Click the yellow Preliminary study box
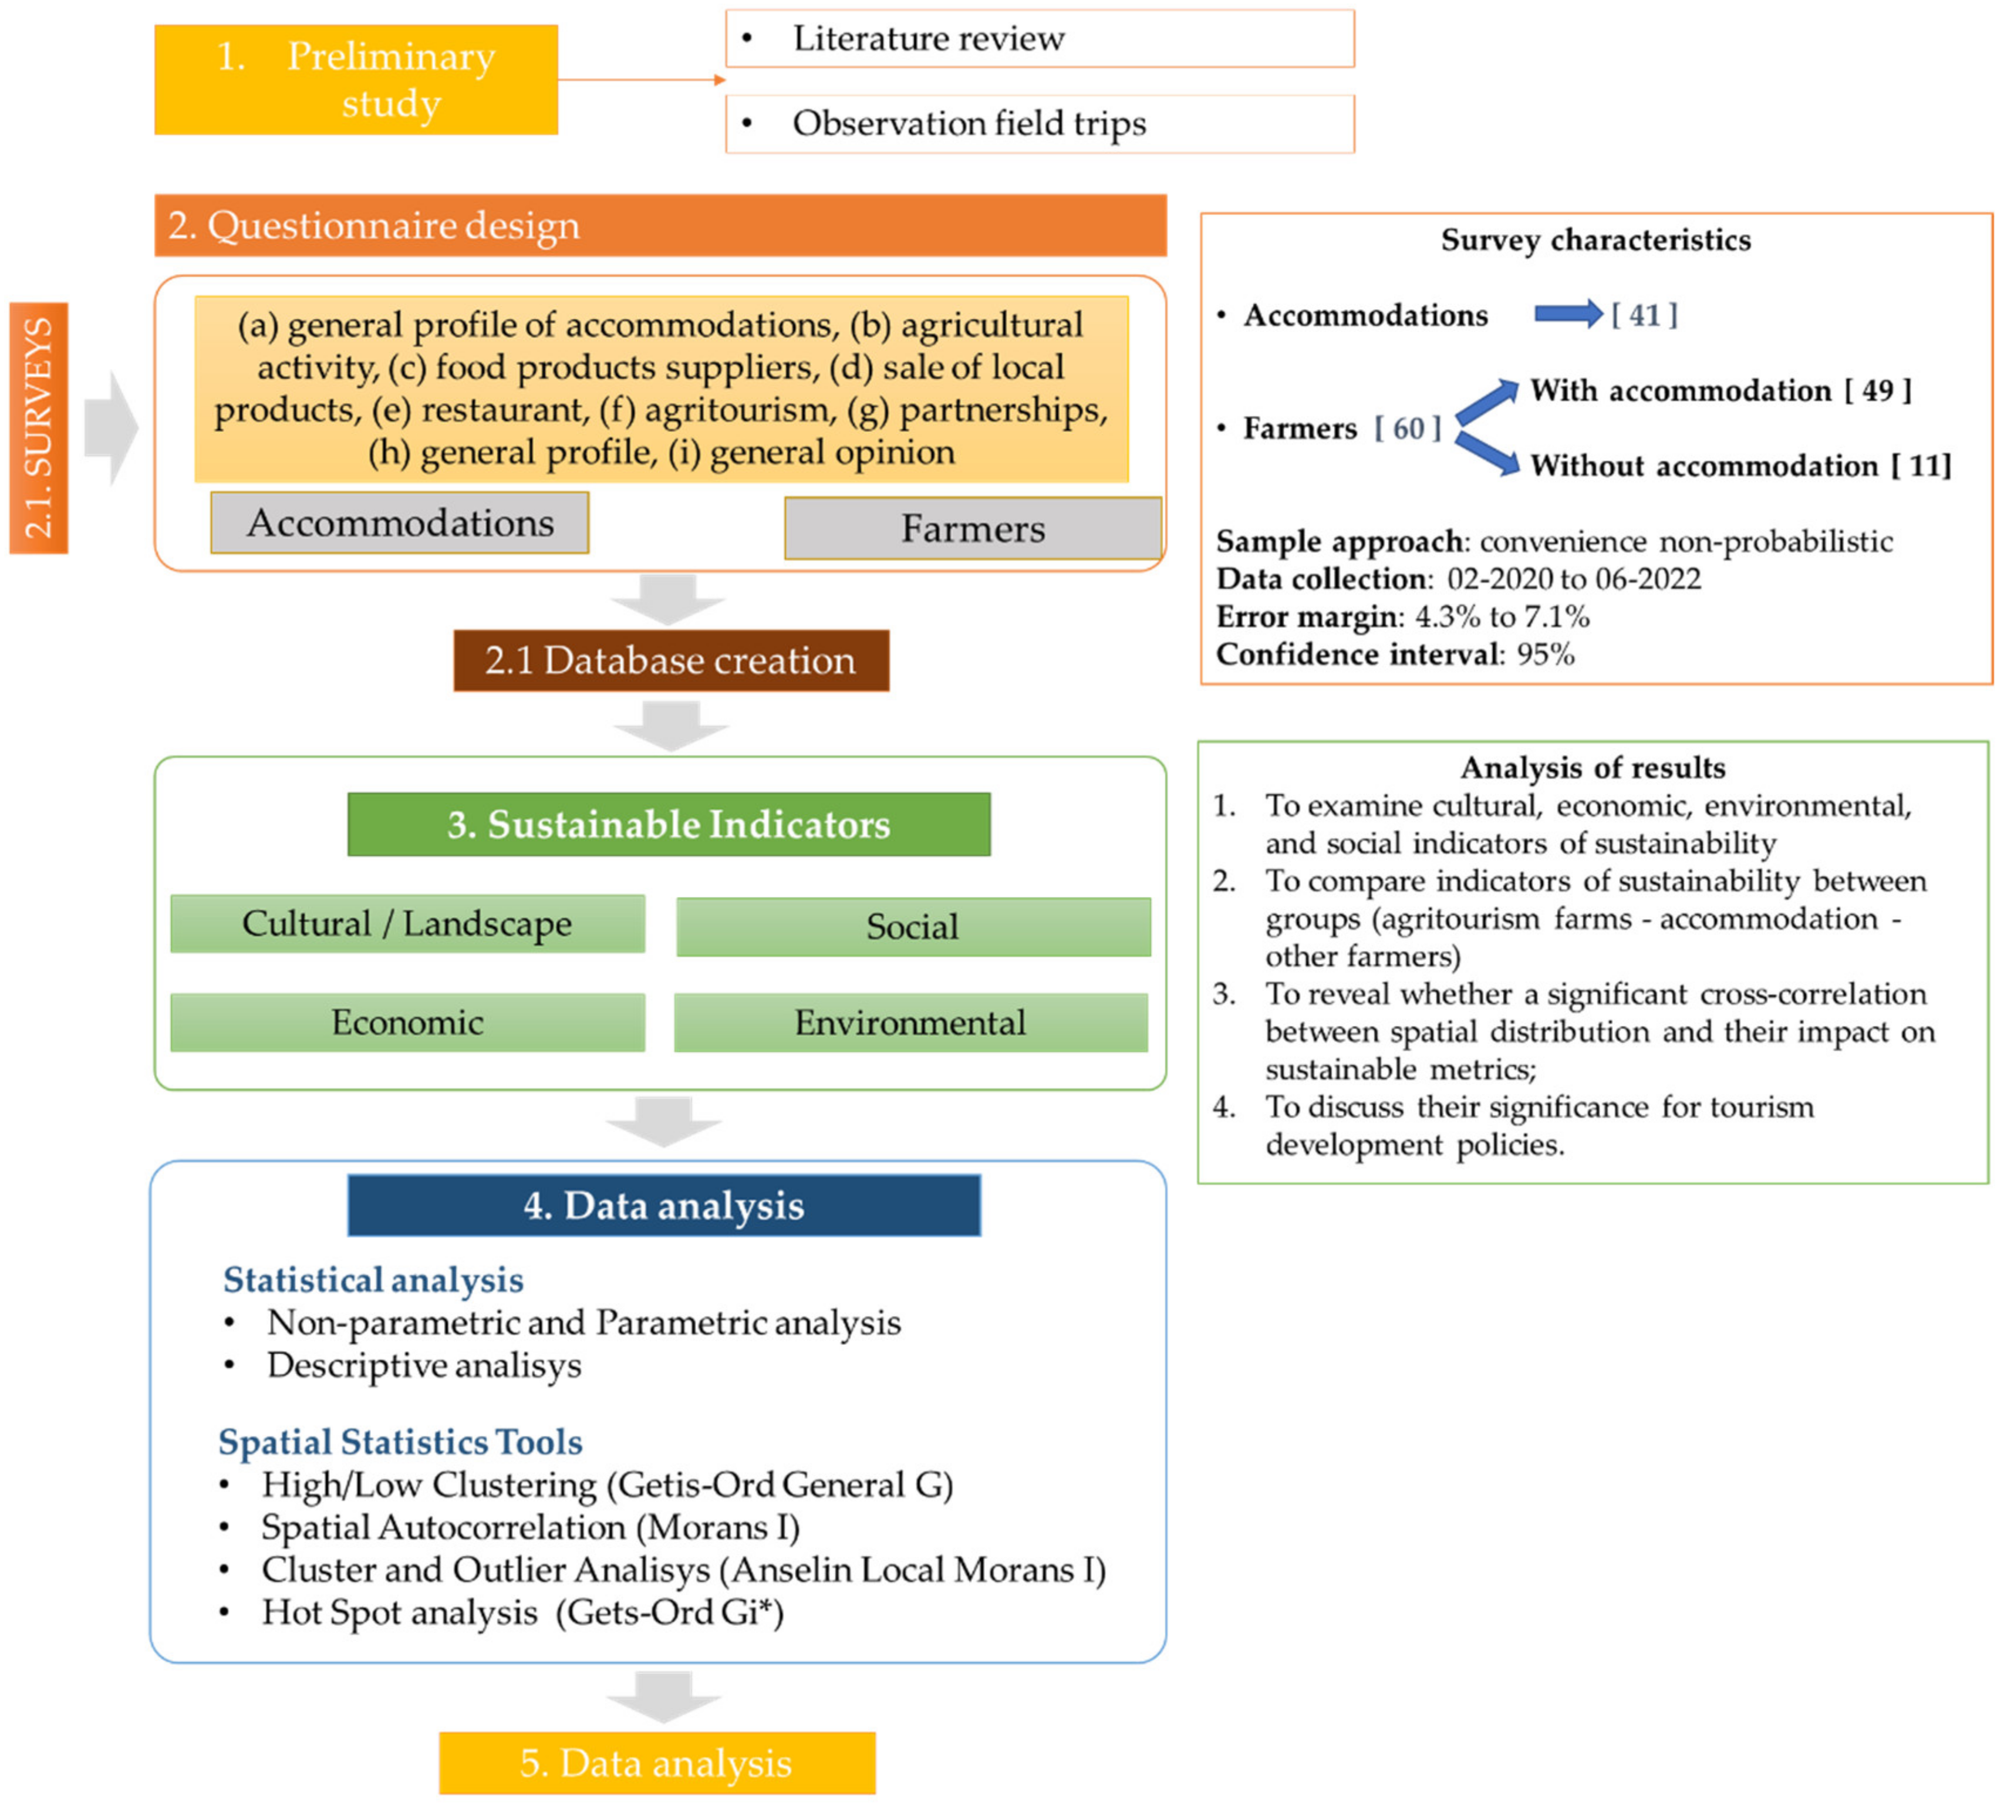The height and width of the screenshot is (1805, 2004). [356, 79]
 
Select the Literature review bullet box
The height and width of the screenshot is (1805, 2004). [1039, 39]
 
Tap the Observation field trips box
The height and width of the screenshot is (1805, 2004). [1039, 124]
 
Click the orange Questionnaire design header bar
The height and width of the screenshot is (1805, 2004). [659, 225]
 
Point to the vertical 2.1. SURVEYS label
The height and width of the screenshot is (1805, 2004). [39, 427]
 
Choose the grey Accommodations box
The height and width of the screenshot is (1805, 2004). [400, 522]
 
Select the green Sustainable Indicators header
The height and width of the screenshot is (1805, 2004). [669, 824]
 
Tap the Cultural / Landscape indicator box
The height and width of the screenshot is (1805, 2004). [407, 923]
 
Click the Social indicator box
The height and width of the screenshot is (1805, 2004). [912, 926]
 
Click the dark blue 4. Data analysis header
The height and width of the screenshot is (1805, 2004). [663, 1205]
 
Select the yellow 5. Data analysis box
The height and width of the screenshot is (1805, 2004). [656, 1762]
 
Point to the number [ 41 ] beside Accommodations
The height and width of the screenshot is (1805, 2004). [1643, 315]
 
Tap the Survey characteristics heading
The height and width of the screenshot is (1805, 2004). [1594, 240]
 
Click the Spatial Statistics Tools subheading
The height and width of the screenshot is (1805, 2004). [400, 1441]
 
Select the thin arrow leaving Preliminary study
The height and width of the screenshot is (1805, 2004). [642, 79]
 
